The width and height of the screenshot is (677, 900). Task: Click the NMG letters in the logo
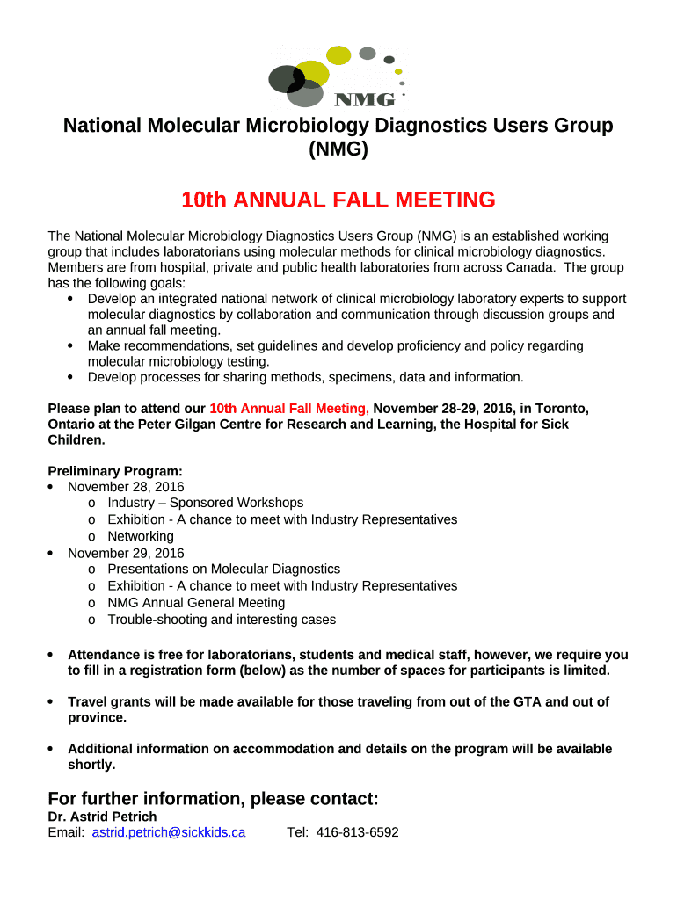362,98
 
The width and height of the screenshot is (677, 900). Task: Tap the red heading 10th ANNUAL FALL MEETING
338,200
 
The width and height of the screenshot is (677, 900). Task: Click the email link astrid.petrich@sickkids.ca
169,832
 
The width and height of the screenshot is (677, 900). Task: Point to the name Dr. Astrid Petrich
102,817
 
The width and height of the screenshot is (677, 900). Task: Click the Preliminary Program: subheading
115,471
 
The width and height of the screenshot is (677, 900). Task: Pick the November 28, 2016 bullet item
126,487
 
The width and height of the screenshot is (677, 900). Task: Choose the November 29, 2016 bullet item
126,553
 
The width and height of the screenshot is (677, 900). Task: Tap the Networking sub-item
141,536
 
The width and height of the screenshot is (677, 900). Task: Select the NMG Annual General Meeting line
196,603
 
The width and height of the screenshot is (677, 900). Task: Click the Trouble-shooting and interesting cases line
222,620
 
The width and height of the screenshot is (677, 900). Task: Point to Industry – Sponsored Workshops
206,503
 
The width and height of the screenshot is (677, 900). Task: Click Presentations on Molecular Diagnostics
223,570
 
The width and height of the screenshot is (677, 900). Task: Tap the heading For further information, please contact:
213,798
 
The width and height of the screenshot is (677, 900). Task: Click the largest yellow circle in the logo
311,72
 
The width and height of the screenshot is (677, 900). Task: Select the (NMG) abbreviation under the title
338,149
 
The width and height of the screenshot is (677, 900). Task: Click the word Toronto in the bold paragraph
561,409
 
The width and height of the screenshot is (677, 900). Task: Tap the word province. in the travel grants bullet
97,717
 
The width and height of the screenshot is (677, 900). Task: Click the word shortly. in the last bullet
91,765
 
